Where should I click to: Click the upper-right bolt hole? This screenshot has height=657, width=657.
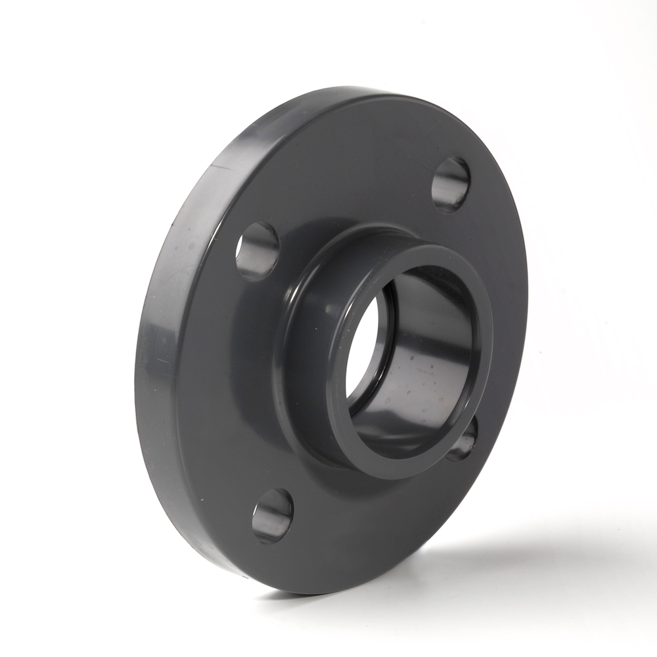(451, 185)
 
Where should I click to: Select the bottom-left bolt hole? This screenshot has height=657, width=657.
(273, 516)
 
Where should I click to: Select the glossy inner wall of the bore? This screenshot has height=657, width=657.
(420, 368)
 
